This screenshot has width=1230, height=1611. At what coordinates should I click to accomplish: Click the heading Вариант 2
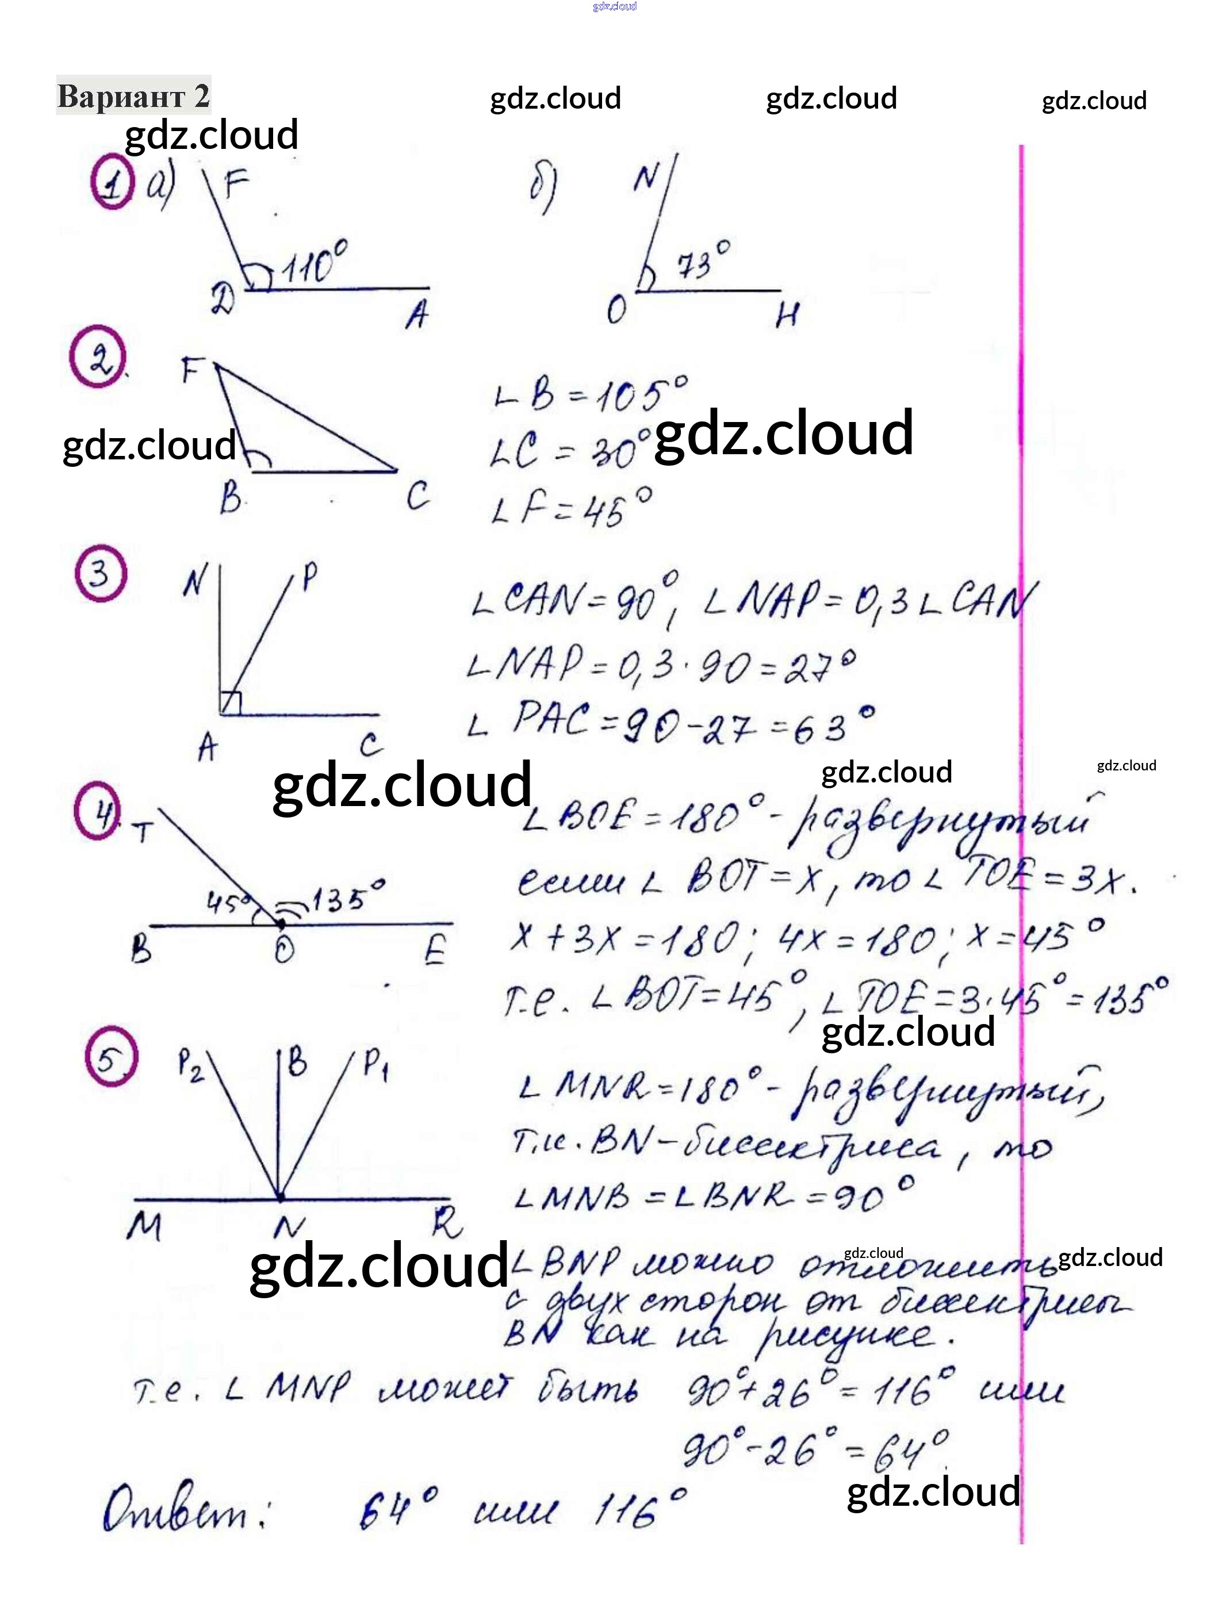133,96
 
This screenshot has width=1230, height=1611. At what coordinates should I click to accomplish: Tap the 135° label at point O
348,897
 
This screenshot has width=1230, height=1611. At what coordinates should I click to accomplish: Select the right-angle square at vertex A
231,703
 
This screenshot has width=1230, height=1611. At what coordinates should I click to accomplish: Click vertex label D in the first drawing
223,300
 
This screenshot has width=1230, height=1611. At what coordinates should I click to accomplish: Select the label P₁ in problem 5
375,1064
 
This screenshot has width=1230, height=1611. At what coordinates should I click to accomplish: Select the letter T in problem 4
143,832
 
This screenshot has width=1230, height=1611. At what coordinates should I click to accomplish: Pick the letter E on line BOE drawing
435,951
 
